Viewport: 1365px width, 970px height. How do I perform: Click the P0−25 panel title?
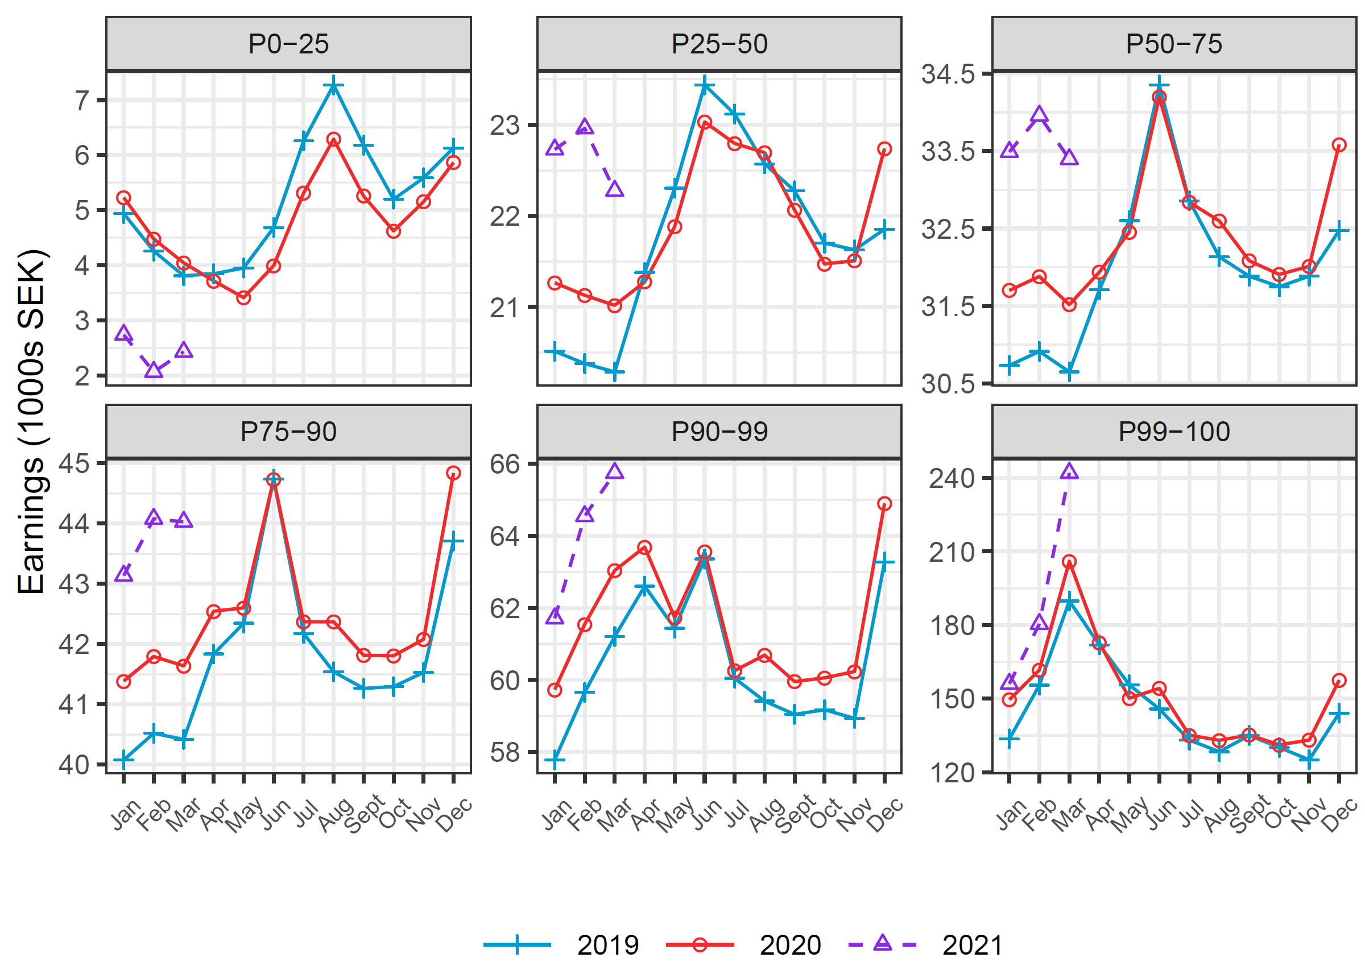tap(288, 44)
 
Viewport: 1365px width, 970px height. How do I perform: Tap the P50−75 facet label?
tap(1173, 44)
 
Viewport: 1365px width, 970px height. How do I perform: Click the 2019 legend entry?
tap(607, 945)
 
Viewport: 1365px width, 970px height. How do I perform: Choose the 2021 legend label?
tap(972, 945)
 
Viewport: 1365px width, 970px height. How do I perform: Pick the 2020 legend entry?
tap(790, 945)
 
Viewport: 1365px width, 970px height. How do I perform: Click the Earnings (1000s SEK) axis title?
tap(31, 422)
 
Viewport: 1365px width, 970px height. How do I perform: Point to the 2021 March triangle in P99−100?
tap(1069, 472)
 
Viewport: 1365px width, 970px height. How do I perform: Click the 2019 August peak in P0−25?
tap(333, 85)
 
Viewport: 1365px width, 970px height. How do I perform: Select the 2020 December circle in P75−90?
tap(453, 473)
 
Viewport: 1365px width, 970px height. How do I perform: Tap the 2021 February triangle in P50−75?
tap(1040, 115)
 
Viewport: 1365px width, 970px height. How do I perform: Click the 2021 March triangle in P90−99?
tap(615, 472)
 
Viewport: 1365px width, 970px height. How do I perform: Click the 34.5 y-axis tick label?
tap(948, 74)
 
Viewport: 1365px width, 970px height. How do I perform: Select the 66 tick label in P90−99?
tap(505, 464)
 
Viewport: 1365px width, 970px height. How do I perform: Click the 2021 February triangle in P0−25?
tap(154, 370)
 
